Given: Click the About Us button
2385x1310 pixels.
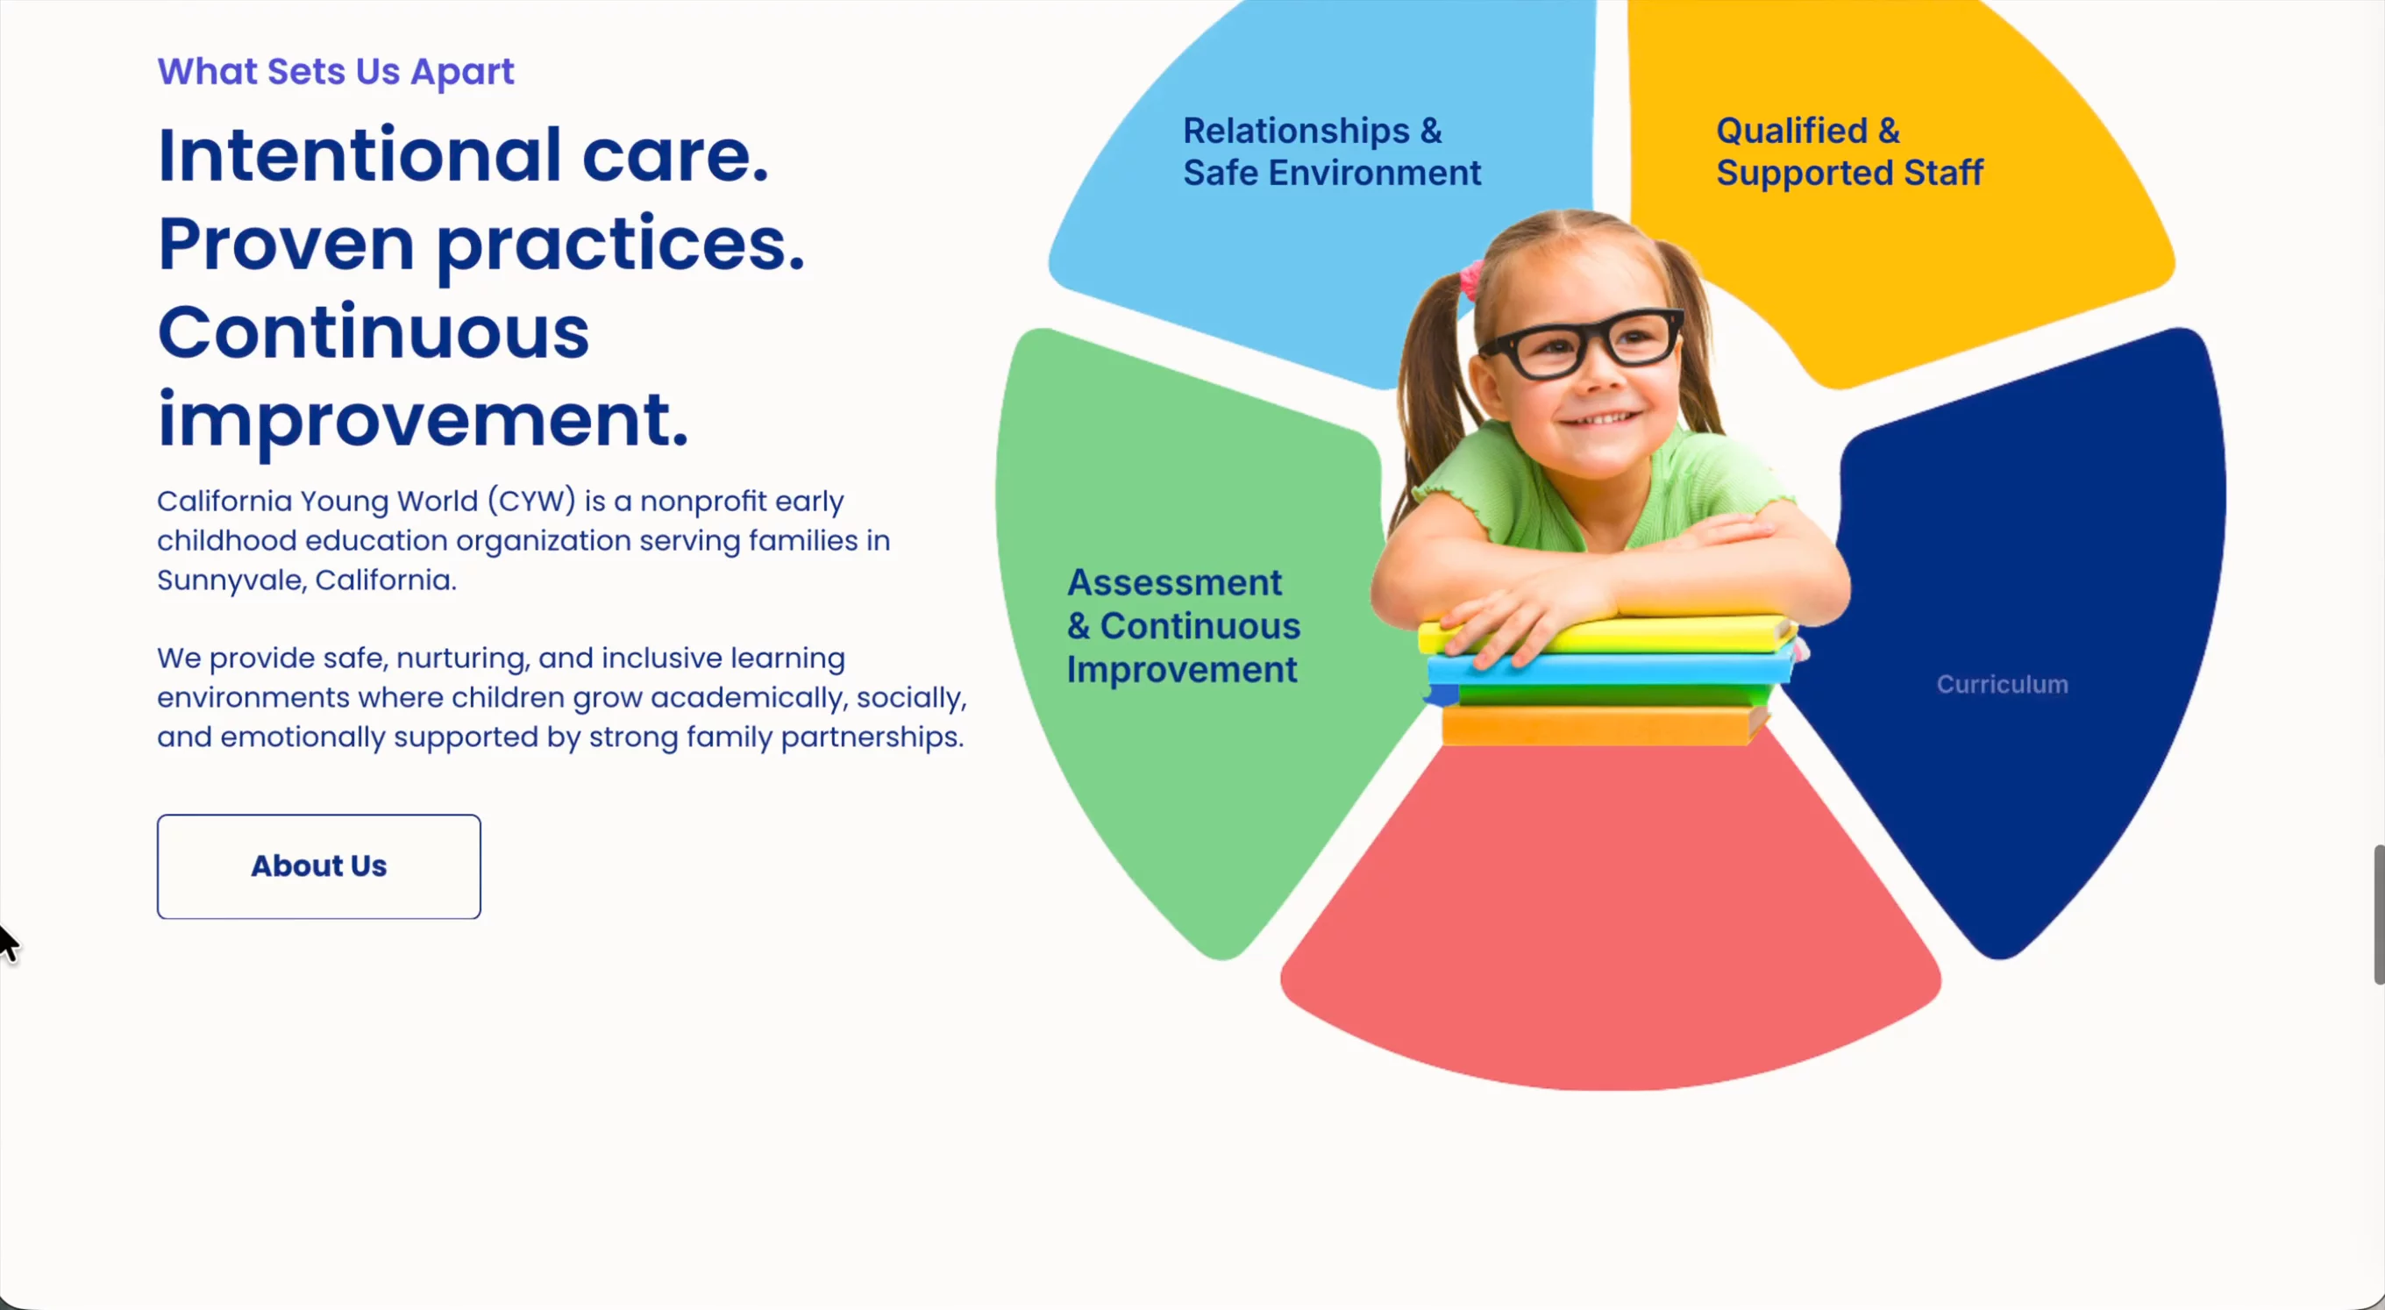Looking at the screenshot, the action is tap(318, 866).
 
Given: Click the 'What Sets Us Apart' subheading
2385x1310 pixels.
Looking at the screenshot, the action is tap(335, 71).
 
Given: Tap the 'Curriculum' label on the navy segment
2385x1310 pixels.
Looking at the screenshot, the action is tap(2002, 684).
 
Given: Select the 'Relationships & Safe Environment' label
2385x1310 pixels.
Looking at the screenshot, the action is tap(1331, 152).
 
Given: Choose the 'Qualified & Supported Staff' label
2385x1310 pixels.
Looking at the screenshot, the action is tap(1849, 152).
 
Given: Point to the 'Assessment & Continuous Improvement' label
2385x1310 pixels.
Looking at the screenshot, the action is tap(1183, 626).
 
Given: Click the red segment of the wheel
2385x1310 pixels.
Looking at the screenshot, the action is tap(1610, 926).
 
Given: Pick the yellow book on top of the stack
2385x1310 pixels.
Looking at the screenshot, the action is tap(1606, 635).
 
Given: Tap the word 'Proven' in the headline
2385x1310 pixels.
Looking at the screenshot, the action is tap(286, 245).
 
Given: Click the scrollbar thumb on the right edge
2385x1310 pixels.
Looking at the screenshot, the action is tap(2379, 915).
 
